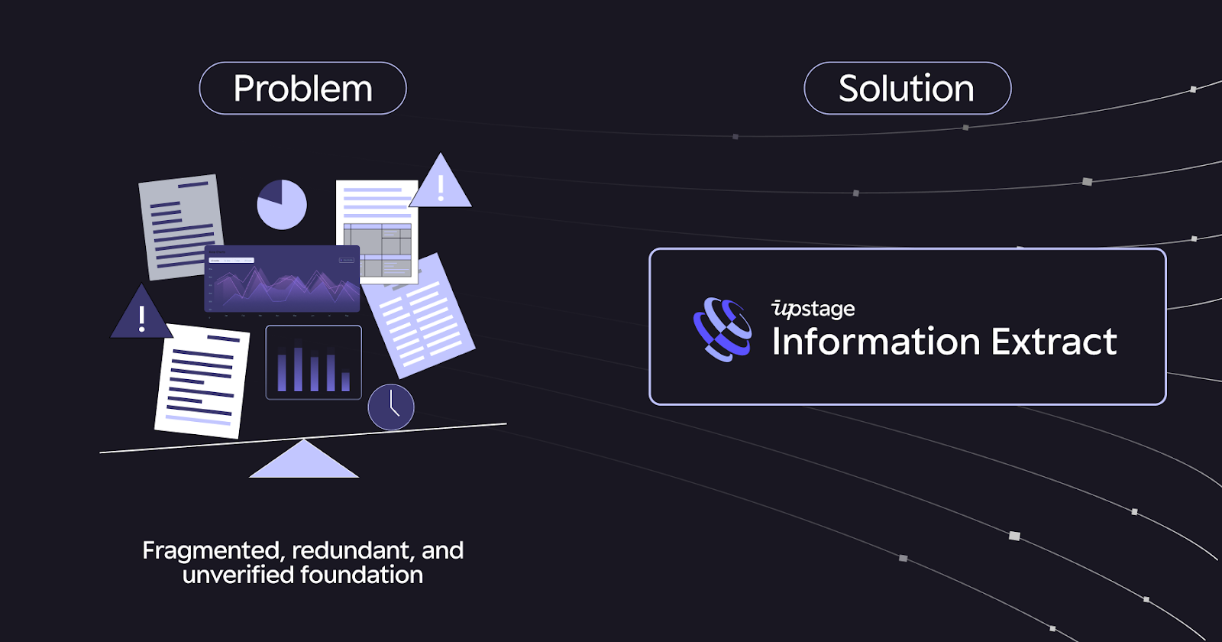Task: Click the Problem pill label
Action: click(x=302, y=89)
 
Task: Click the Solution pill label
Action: click(x=907, y=89)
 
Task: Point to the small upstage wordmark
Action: click(x=813, y=309)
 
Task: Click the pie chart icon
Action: click(x=282, y=204)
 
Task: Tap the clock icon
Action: click(x=391, y=407)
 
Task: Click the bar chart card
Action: click(x=313, y=362)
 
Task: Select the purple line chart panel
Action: click(x=283, y=279)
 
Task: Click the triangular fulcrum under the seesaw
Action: click(x=304, y=461)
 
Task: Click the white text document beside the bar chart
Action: click(x=202, y=381)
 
